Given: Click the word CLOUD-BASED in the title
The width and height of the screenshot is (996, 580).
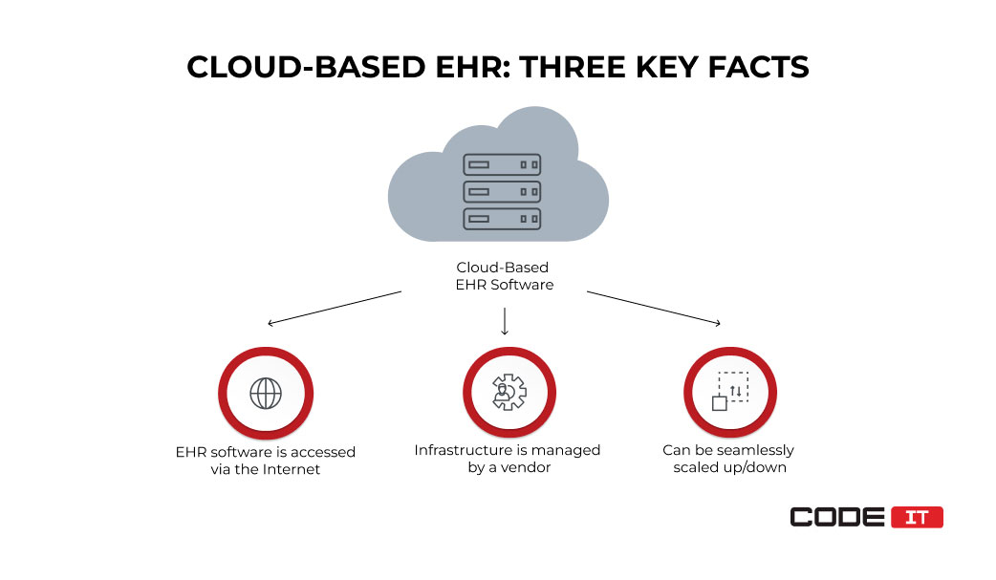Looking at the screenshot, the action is tap(306, 67).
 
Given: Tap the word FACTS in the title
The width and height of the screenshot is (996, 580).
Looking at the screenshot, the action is tap(758, 67).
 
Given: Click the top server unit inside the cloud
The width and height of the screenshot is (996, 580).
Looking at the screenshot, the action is tap(502, 164).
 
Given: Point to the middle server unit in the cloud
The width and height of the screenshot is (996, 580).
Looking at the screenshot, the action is tap(502, 192).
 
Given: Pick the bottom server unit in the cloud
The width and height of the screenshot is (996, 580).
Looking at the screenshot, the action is tap(502, 219).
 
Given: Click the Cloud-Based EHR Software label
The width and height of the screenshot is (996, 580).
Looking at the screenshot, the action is tap(504, 276).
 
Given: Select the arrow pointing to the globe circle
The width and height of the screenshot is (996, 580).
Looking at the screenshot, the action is tap(335, 308).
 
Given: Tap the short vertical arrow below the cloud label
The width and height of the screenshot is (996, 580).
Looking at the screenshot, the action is tap(505, 321).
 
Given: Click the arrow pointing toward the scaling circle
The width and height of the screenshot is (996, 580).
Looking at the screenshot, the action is tap(654, 308).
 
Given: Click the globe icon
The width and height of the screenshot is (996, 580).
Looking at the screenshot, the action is tap(266, 394).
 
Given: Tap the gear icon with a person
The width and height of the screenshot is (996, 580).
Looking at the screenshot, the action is tap(509, 392).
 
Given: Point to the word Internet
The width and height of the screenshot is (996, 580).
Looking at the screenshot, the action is tap(291, 469).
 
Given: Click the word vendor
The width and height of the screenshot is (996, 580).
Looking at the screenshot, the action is tap(526, 467).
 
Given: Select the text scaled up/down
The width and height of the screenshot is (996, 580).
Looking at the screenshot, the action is tap(730, 468).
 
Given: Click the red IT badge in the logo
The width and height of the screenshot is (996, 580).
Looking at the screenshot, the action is tap(917, 517).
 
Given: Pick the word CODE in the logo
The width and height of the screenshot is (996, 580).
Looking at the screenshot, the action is tap(837, 517).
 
